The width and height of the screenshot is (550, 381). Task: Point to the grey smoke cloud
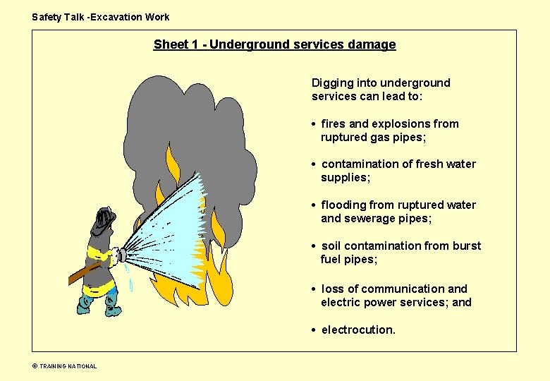coord(190,127)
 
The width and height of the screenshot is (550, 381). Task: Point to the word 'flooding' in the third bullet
coord(343,205)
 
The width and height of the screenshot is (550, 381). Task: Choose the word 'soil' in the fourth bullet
coord(331,246)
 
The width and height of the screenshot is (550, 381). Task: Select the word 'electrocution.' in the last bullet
coord(358,329)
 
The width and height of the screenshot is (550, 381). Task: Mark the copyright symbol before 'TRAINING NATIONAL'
coord(34,366)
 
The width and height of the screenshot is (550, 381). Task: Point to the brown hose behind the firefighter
coord(81,274)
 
